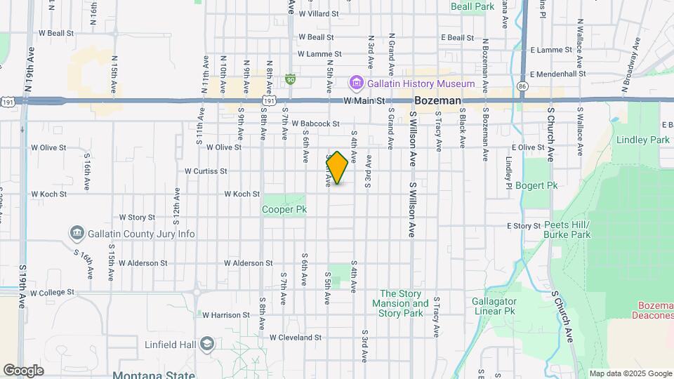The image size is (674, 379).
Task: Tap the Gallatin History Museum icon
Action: (356, 84)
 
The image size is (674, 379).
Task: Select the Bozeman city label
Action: (437, 101)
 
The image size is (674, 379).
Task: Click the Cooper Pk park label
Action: (284, 209)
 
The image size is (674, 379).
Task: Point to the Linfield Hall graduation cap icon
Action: (206, 343)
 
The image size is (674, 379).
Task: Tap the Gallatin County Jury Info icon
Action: (77, 233)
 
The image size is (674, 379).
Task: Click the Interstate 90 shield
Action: (290, 80)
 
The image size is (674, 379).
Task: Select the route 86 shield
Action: (522, 86)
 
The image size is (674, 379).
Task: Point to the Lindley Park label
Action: (642, 140)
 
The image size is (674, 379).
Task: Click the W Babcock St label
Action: (316, 124)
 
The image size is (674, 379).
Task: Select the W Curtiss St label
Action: (206, 171)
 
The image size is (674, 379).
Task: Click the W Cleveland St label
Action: (295, 338)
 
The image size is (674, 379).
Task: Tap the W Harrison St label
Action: (226, 315)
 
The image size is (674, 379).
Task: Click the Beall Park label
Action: (473, 6)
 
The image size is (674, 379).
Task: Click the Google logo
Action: (23, 370)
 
